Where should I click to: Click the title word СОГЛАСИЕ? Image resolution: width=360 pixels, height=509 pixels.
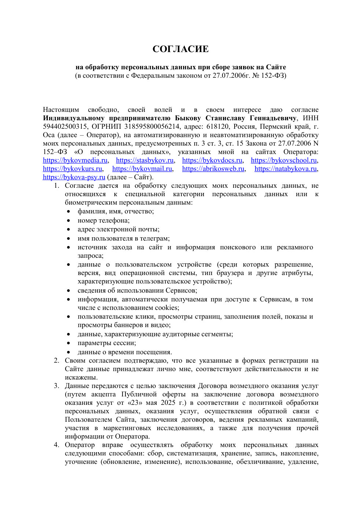[x=180, y=49]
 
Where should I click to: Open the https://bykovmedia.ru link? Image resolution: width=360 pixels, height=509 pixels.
[x=75, y=160]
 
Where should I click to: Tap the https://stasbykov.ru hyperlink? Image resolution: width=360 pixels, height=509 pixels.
[x=145, y=160]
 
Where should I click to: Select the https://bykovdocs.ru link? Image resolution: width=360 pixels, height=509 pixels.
[x=212, y=160]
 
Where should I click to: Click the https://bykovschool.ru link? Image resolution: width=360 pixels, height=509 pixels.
[x=284, y=160]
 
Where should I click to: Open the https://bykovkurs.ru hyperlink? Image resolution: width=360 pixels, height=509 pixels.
[x=73, y=169]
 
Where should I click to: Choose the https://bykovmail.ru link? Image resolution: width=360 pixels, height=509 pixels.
[x=142, y=169]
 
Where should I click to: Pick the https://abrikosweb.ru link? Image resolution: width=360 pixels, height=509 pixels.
[x=213, y=169]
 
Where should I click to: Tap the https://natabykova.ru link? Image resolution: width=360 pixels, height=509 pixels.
[x=286, y=169]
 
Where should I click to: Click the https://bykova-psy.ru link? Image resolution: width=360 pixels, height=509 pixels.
[x=74, y=177]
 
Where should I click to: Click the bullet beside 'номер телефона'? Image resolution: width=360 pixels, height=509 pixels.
[x=69, y=220]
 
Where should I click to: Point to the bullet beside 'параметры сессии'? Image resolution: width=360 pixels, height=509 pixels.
[x=69, y=343]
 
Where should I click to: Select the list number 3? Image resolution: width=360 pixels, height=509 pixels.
[x=56, y=386]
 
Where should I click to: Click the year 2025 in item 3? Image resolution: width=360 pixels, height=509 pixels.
[x=168, y=403]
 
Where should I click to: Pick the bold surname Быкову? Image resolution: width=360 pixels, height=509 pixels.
[x=188, y=118]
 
